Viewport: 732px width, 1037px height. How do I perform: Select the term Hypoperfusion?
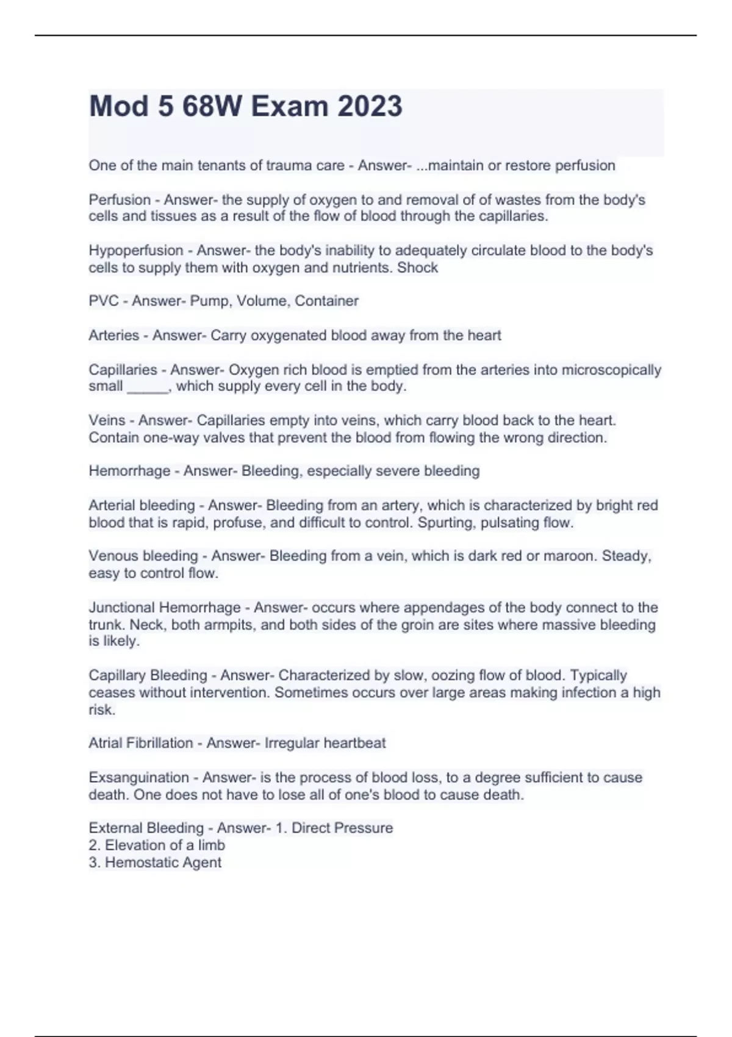[x=135, y=250]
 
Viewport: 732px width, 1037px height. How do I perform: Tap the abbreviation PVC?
[x=104, y=301]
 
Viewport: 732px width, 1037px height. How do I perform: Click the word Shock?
[x=417, y=267]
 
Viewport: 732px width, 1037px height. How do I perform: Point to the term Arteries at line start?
[x=114, y=335]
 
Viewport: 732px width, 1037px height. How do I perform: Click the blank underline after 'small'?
[x=147, y=387]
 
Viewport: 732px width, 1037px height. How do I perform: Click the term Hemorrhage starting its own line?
[x=129, y=471]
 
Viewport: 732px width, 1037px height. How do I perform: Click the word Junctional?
[x=121, y=608]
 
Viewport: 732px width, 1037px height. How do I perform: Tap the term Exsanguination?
[x=138, y=777]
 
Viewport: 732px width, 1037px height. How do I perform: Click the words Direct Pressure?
[x=342, y=828]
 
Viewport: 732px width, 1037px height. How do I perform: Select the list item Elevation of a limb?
[x=165, y=845]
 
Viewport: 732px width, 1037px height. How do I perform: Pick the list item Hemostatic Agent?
[x=163, y=862]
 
